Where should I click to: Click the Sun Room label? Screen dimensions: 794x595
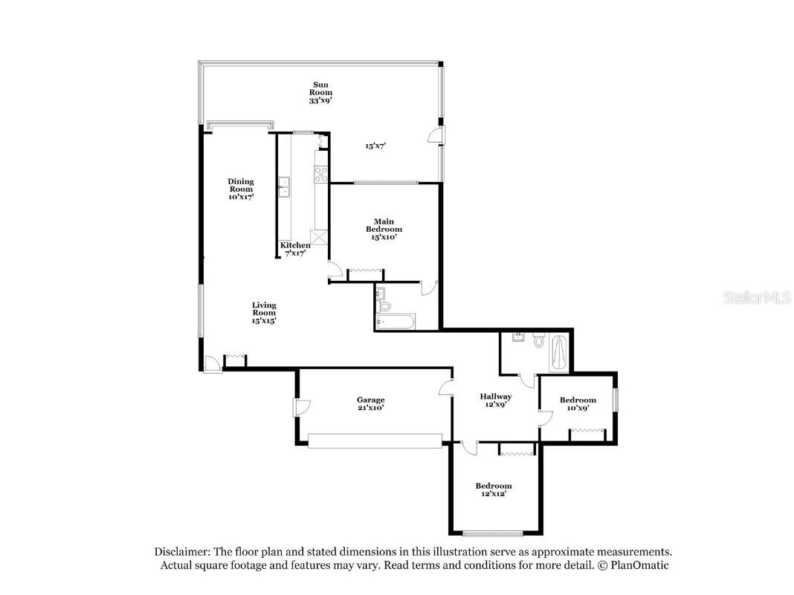[x=320, y=93]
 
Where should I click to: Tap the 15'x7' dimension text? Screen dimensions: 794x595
[x=375, y=146]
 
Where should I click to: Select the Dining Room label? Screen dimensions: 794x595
[x=241, y=189]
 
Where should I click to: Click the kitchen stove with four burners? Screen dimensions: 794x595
[x=321, y=175]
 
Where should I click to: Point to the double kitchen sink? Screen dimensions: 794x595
[x=283, y=186]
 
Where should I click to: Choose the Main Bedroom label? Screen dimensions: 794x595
[x=384, y=229]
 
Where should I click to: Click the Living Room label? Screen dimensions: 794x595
[x=264, y=312]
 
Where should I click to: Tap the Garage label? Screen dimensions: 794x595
[x=371, y=403]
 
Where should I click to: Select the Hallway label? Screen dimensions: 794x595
[x=496, y=400]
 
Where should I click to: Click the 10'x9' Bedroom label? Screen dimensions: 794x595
[x=578, y=404]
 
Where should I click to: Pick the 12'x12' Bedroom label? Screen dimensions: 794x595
[x=493, y=490]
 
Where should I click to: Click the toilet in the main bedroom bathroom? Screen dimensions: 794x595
[x=385, y=305]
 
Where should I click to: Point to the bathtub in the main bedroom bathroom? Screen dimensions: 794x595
[x=396, y=322]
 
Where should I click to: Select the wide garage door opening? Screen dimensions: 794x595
[x=375, y=440]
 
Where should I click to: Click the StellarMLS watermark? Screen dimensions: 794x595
[x=757, y=297]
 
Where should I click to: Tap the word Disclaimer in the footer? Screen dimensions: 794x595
[x=182, y=551]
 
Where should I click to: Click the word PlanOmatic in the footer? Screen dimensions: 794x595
[x=639, y=565]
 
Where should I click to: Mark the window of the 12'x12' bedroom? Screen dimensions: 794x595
[x=493, y=533]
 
